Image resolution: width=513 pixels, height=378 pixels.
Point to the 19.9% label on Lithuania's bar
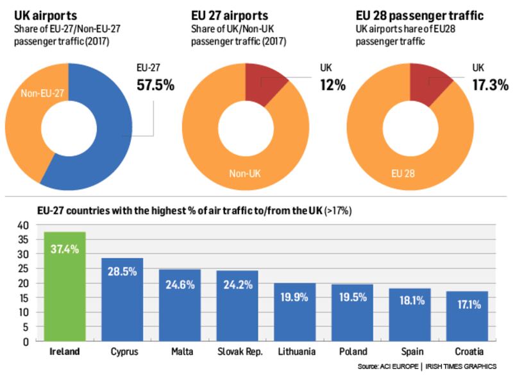(295, 296)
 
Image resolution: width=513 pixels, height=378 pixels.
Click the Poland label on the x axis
(353, 352)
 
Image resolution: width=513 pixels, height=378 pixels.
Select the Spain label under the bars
(410, 352)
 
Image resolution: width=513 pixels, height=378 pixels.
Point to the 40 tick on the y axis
(22, 225)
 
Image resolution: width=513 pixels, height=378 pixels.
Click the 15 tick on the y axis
(22, 298)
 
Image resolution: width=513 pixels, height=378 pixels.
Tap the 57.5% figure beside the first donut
(155, 84)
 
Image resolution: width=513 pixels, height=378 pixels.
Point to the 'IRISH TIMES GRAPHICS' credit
(460, 366)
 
